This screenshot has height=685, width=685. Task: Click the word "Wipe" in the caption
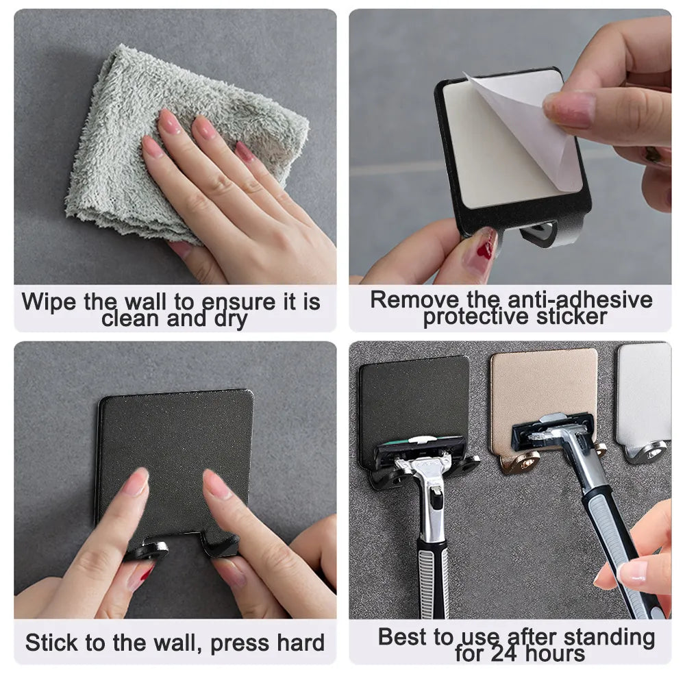coord(50,302)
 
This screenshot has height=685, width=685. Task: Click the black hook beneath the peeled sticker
coord(545,234)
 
